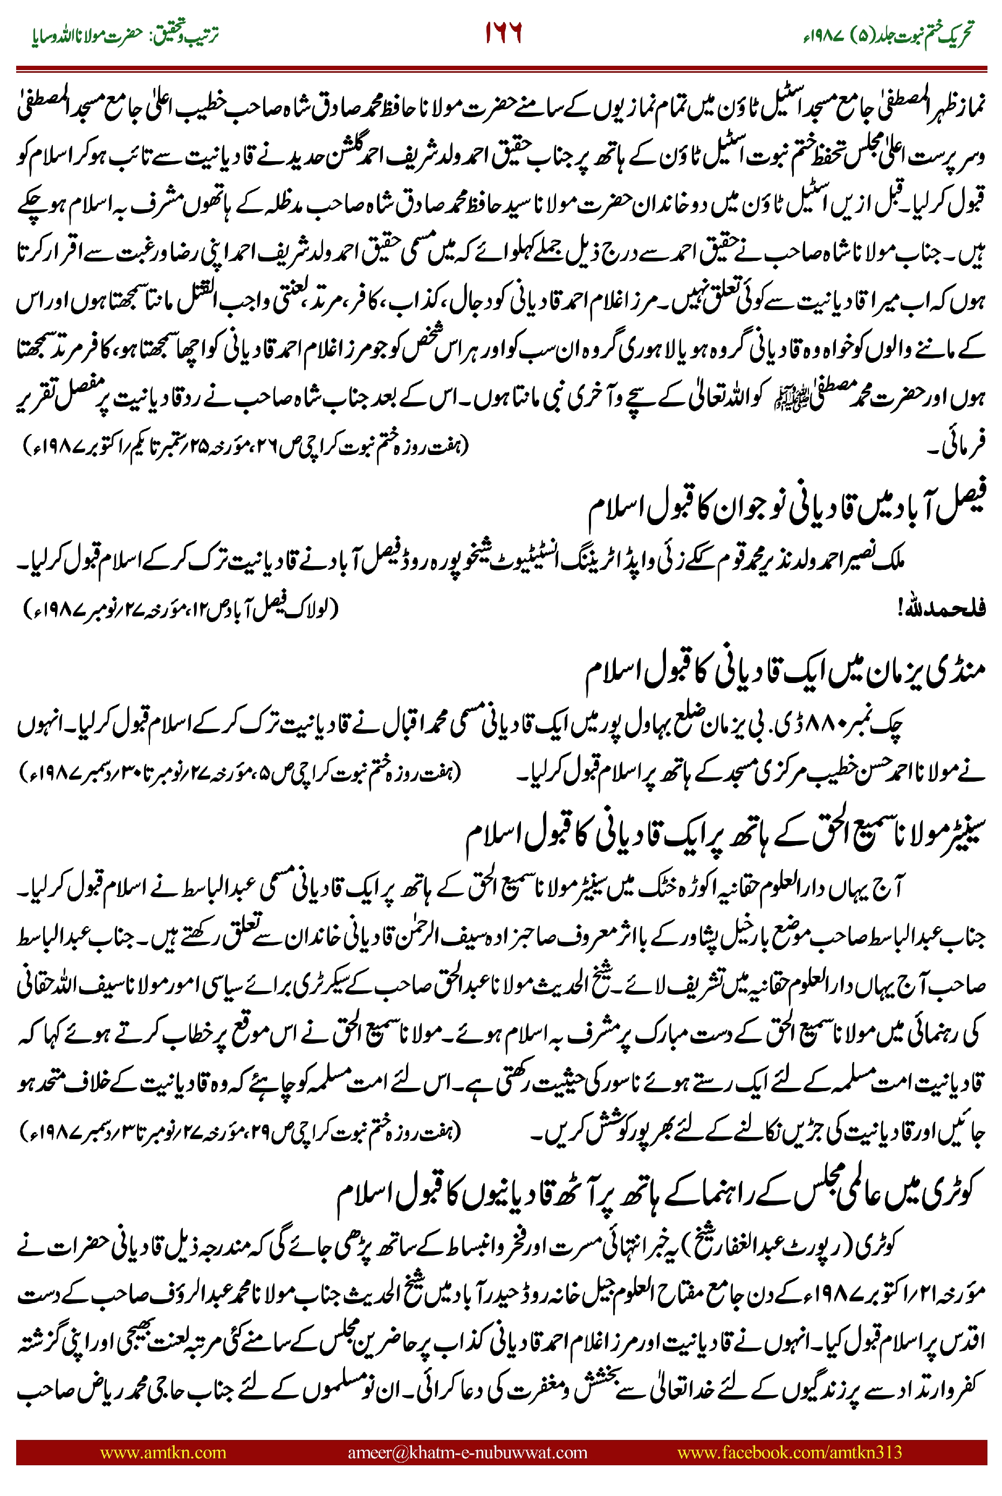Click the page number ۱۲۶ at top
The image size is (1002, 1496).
pyautogui.click(x=503, y=32)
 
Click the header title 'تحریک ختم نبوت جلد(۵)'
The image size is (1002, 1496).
pyautogui.click(x=888, y=34)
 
